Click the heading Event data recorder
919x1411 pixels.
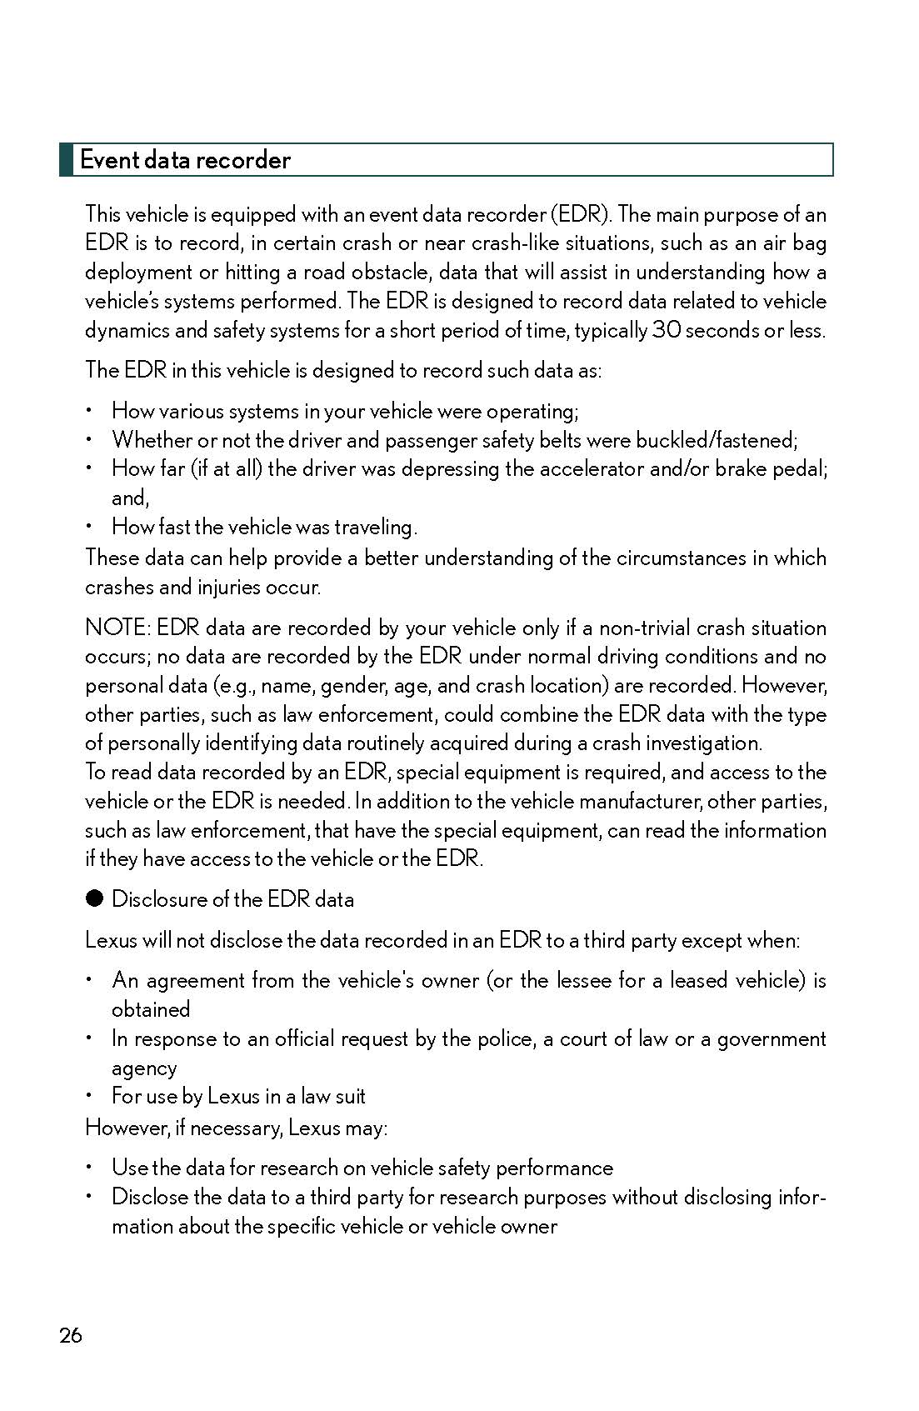[185, 160]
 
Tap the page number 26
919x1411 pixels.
[71, 1336]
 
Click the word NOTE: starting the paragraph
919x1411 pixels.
[117, 628]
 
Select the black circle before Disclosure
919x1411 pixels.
[94, 898]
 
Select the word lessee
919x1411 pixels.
[581, 980]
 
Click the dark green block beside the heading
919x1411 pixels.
[66, 160]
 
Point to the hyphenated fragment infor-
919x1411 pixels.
[802, 1198]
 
